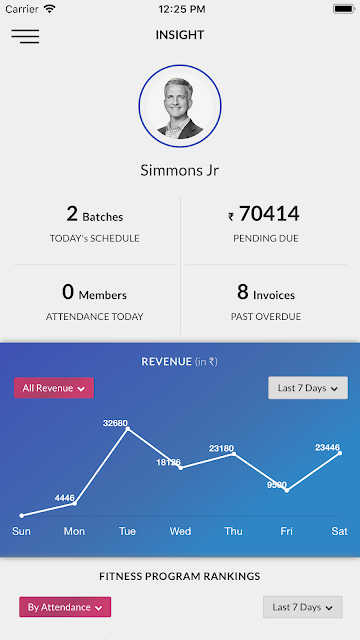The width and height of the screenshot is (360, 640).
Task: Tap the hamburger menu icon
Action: pyautogui.click(x=25, y=36)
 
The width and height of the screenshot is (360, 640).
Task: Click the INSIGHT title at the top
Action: pyautogui.click(x=180, y=35)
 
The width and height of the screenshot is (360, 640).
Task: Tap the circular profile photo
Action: pyautogui.click(x=180, y=106)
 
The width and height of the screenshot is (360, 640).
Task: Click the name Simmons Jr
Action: pyautogui.click(x=180, y=170)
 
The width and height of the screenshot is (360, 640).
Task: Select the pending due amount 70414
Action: pyautogui.click(x=269, y=214)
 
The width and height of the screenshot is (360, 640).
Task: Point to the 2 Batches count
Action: pyautogui.click(x=95, y=215)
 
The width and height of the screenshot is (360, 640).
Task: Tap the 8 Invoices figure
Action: pyautogui.click(x=266, y=293)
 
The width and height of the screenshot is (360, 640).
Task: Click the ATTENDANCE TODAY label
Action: pyautogui.click(x=94, y=317)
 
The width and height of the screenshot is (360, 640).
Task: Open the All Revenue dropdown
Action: pyautogui.click(x=54, y=388)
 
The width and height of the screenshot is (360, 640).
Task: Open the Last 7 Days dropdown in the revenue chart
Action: pyautogui.click(x=308, y=388)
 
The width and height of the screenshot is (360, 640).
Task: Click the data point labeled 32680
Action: pyautogui.click(x=128, y=429)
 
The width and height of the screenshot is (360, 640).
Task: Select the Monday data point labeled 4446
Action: pyautogui.click(x=75, y=504)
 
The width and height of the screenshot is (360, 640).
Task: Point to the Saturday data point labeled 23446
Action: pyautogui.click(x=340, y=453)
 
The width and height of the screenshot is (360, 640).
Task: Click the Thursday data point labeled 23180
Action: pyautogui.click(x=233, y=453)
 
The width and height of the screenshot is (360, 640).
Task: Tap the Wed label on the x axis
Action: pyautogui.click(x=180, y=531)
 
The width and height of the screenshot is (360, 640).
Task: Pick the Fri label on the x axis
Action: pyautogui.click(x=287, y=531)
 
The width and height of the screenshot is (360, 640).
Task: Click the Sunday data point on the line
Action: pyautogui.click(x=22, y=516)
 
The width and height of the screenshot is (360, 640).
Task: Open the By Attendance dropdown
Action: pyautogui.click(x=65, y=607)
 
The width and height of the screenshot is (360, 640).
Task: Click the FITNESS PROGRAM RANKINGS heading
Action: pyautogui.click(x=180, y=576)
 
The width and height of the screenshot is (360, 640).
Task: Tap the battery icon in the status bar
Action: pyautogui.click(x=344, y=9)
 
